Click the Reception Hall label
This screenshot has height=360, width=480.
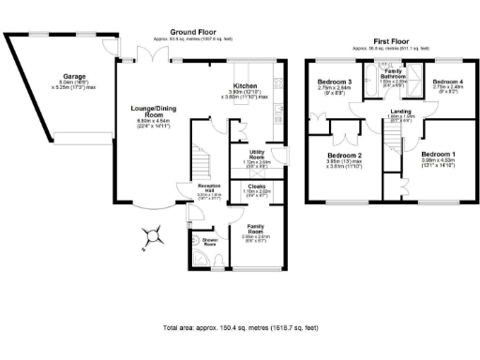[209, 188]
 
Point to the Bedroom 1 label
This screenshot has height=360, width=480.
[437, 153]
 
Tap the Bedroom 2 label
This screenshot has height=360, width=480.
[345, 156]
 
